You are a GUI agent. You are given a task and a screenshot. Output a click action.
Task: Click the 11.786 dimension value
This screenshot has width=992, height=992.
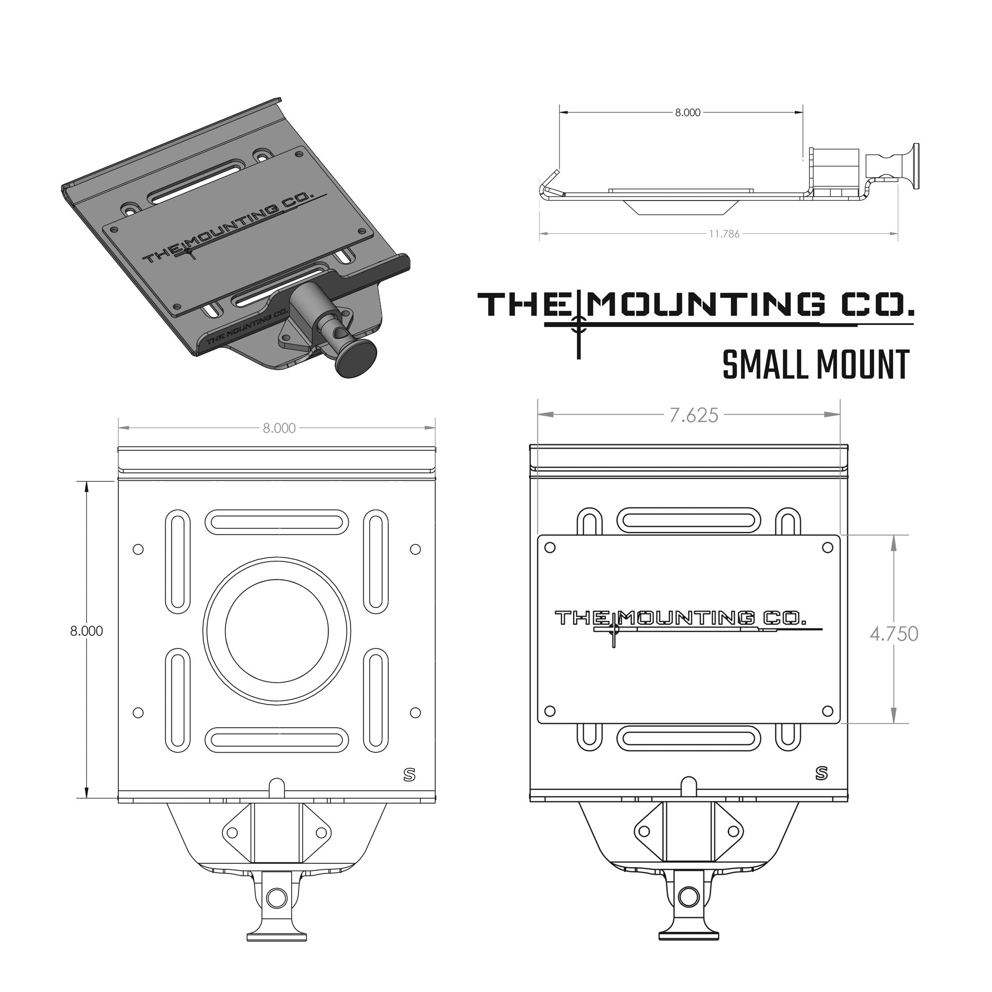[x=724, y=234]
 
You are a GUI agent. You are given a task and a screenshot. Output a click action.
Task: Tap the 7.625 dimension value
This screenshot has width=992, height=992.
[x=693, y=416]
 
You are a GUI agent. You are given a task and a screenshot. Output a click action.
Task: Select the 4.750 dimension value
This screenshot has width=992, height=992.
[x=893, y=634]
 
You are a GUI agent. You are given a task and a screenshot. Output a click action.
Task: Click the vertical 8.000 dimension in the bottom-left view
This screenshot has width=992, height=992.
[x=86, y=631]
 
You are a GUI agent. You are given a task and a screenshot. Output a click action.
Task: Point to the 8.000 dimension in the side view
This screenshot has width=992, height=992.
[x=687, y=112]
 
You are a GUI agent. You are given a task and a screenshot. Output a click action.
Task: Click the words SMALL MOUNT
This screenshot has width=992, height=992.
[x=815, y=365]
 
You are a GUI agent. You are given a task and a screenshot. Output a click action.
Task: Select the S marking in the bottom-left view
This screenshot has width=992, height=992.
[x=409, y=775]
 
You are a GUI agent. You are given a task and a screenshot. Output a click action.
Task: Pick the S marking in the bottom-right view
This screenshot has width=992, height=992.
[x=821, y=773]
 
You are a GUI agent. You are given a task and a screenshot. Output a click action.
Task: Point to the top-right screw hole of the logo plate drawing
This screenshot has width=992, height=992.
[x=827, y=548]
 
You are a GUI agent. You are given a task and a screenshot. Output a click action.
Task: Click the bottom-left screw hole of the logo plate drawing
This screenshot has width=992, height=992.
[x=549, y=711]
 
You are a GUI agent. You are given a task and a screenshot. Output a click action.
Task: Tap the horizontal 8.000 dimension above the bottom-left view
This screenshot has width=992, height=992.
[x=279, y=428]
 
